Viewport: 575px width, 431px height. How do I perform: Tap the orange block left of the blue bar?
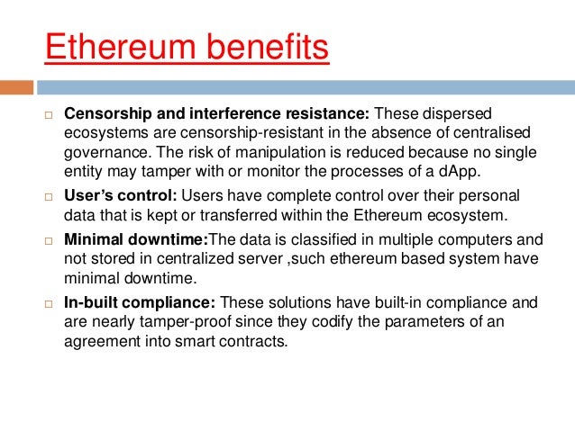pos(17,87)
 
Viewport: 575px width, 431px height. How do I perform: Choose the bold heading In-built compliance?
pos(140,303)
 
